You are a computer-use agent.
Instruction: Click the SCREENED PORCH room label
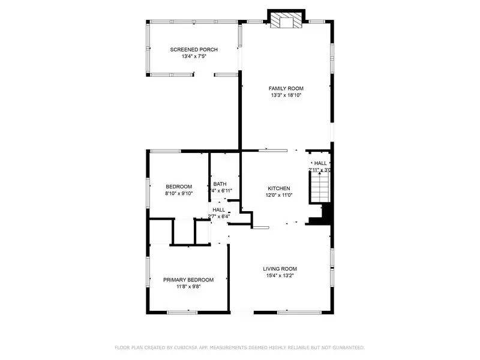(x=194, y=49)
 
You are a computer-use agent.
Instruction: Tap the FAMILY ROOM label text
(x=286, y=88)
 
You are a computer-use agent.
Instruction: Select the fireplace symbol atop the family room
(x=286, y=22)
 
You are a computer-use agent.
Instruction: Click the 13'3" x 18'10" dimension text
(x=286, y=95)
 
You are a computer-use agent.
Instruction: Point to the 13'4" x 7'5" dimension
(x=194, y=56)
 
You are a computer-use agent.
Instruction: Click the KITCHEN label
(x=279, y=188)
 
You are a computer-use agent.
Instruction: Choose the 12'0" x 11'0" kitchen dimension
(x=279, y=195)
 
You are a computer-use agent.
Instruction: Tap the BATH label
(x=219, y=184)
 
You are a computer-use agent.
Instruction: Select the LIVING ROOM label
(x=280, y=269)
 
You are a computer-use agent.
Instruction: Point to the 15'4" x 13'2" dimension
(x=280, y=276)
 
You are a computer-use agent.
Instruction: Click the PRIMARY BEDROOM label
(x=188, y=280)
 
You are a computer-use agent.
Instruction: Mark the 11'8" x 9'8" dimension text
(x=188, y=287)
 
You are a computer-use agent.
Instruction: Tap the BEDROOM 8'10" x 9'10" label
(x=179, y=186)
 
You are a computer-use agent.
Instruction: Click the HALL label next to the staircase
(x=320, y=163)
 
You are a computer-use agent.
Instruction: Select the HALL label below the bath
(x=218, y=209)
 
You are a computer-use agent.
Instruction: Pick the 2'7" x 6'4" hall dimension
(x=218, y=217)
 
